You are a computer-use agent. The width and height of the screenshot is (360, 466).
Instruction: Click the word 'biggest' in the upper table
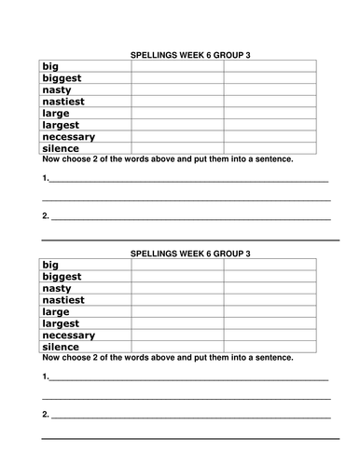pos(62,78)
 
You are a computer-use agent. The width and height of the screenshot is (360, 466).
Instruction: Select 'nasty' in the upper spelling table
pos(58,90)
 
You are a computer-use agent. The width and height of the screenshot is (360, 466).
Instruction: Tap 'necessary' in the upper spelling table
pos(71,136)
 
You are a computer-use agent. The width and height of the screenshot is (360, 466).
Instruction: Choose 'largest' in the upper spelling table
pos(62,125)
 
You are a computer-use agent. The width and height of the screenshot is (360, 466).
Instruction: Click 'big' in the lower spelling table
pos(51,265)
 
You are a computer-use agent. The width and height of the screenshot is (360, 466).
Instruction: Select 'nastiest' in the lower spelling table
pos(64,300)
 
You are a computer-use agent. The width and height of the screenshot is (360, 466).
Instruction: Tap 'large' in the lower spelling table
pos(57,311)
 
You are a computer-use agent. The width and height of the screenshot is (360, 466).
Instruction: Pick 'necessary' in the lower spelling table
pos(71,335)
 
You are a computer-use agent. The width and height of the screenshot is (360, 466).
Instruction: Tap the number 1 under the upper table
pos(45,178)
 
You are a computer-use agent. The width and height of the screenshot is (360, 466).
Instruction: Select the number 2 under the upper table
pos(45,216)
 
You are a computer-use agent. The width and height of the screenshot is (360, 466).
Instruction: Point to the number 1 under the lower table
pos(45,377)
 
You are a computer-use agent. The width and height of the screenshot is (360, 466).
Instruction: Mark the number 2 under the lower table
pos(45,413)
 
